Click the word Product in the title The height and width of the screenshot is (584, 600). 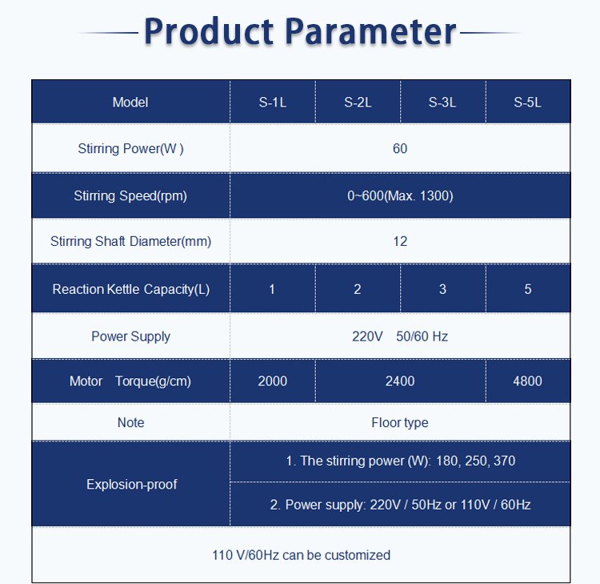coord(209,31)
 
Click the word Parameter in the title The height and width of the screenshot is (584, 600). coord(371,31)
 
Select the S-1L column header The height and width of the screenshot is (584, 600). coord(273,103)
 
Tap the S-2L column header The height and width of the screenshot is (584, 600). coord(358,103)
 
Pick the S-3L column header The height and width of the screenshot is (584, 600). coord(442,103)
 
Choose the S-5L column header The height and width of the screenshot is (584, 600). coord(528,103)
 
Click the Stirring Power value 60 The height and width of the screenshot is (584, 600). coord(400,148)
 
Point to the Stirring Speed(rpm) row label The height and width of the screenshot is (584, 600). coord(130,195)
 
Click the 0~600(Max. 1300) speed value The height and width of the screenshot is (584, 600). coord(400,195)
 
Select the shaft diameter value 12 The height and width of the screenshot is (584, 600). coord(400,241)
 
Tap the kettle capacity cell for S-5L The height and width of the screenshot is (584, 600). coord(528,289)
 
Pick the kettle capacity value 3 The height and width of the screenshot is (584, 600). coord(442,289)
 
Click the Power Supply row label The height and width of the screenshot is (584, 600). coord(131,336)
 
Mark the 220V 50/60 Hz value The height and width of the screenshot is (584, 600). coord(400,336)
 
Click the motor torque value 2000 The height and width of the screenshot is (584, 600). coord(273,381)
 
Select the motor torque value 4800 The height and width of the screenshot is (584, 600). coord(528,381)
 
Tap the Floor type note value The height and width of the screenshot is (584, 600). coord(400,423)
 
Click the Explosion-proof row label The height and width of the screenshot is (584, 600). coord(132,485)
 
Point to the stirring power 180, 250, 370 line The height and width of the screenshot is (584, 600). coord(401,461)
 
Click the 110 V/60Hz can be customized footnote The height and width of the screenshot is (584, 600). coord(301,555)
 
